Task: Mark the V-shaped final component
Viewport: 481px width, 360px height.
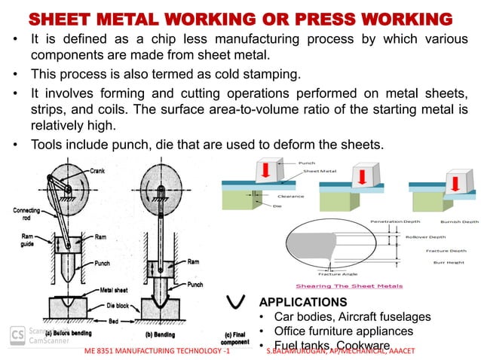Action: pos(237,303)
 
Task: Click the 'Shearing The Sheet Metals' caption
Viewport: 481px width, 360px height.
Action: pos(349,285)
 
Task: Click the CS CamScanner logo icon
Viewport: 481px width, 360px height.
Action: pos(15,334)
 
